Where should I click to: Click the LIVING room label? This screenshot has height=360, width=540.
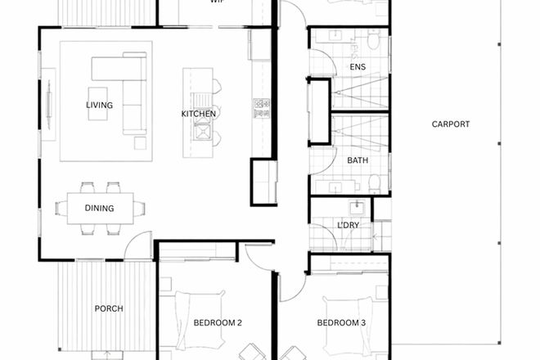click(99, 106)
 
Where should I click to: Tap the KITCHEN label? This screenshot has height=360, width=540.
click(198, 114)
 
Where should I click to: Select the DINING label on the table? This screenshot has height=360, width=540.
click(99, 209)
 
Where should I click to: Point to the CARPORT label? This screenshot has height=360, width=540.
click(451, 124)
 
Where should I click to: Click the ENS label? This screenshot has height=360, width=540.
click(358, 67)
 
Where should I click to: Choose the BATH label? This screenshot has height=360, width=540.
click(358, 160)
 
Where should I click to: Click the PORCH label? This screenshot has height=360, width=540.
click(109, 308)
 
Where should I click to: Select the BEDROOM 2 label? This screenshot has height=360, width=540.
click(218, 323)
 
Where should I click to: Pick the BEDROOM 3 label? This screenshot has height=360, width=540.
click(341, 323)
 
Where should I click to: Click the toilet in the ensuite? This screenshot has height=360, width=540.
click(373, 41)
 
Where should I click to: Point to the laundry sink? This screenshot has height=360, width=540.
click(358, 209)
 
